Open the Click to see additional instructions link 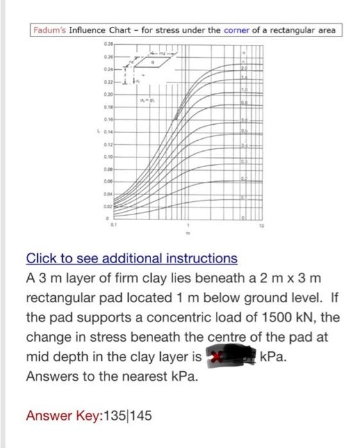pos(131,259)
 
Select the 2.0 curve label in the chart pos(244,68)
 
